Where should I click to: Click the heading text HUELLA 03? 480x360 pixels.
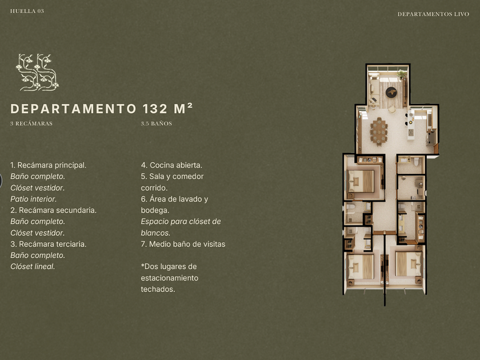[27, 11]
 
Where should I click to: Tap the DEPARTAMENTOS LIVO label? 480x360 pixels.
[433, 14]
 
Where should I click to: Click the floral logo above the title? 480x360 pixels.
[37, 72]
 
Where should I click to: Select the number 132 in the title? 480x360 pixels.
[155, 109]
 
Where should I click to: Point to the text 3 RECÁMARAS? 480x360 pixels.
[31, 123]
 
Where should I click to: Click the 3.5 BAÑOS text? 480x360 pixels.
[157, 123]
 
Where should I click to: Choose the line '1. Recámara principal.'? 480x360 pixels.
[49, 165]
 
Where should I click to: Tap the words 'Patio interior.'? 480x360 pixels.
[33, 199]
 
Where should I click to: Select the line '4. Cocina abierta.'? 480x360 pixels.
[171, 165]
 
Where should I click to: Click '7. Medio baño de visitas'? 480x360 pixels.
[183, 244]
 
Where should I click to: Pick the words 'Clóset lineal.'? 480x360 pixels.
[33, 267]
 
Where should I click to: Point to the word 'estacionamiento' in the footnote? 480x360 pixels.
[170, 278]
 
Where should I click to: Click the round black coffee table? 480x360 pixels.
[391, 92]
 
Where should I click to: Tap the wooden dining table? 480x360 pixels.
[379, 131]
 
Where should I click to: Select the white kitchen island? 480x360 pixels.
[411, 125]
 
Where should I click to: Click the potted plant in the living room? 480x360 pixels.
[401, 74]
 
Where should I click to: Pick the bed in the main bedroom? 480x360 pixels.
[361, 181]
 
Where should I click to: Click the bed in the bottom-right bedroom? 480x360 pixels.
[409, 264]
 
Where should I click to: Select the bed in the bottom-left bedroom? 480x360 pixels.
[361, 267]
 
